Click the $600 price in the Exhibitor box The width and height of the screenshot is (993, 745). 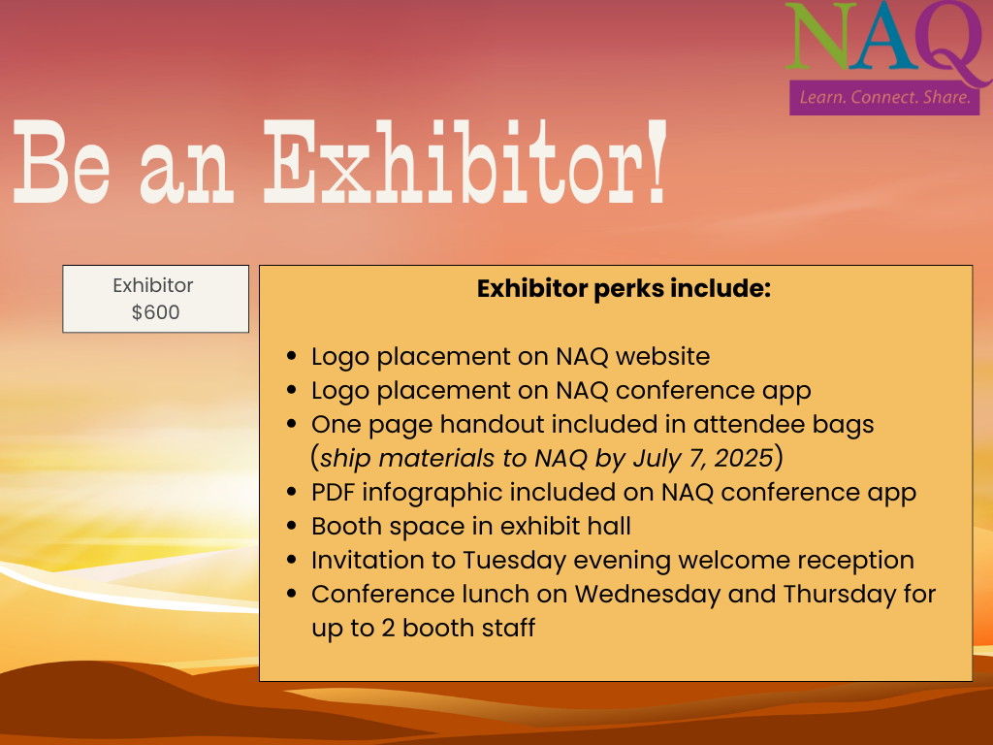[156, 312]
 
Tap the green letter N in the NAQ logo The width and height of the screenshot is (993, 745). [817, 36]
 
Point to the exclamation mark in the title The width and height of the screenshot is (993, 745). [657, 161]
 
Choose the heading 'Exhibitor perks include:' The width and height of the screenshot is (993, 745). [624, 289]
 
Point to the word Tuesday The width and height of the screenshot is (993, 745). [514, 561]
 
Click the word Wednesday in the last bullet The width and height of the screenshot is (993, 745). [647, 595]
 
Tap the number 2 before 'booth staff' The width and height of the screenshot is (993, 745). [388, 629]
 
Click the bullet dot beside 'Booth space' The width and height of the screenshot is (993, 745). [291, 526]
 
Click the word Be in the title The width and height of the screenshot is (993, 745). [61, 161]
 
